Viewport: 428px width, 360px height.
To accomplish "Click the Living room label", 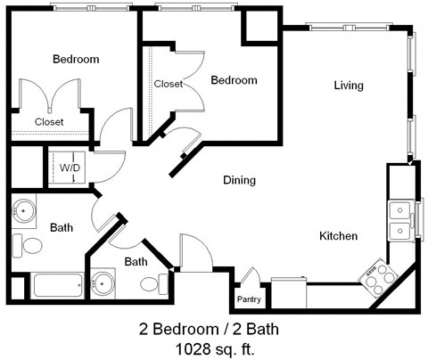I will pyautogui.click(x=349, y=86).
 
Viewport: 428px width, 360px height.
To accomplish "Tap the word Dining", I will pyautogui.click(x=239, y=180).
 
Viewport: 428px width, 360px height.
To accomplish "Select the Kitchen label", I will pyautogui.click(x=339, y=236).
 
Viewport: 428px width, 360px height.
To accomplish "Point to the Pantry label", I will pyautogui.click(x=249, y=299).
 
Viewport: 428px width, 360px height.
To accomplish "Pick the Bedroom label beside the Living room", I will pyautogui.click(x=234, y=81).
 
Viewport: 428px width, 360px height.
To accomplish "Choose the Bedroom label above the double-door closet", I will pyautogui.click(x=76, y=60).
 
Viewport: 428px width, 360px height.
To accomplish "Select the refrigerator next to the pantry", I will pyautogui.click(x=288, y=292).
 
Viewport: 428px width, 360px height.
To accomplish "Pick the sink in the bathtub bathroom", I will pyautogui.click(x=24, y=211).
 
